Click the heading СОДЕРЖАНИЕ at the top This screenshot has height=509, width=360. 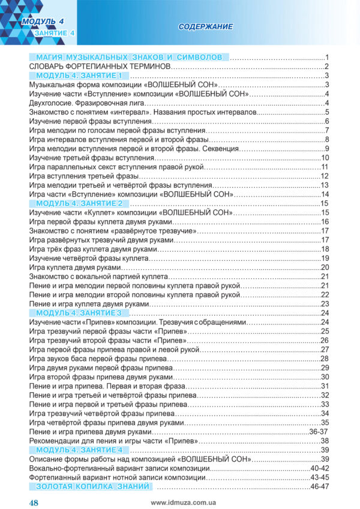[206, 27]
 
